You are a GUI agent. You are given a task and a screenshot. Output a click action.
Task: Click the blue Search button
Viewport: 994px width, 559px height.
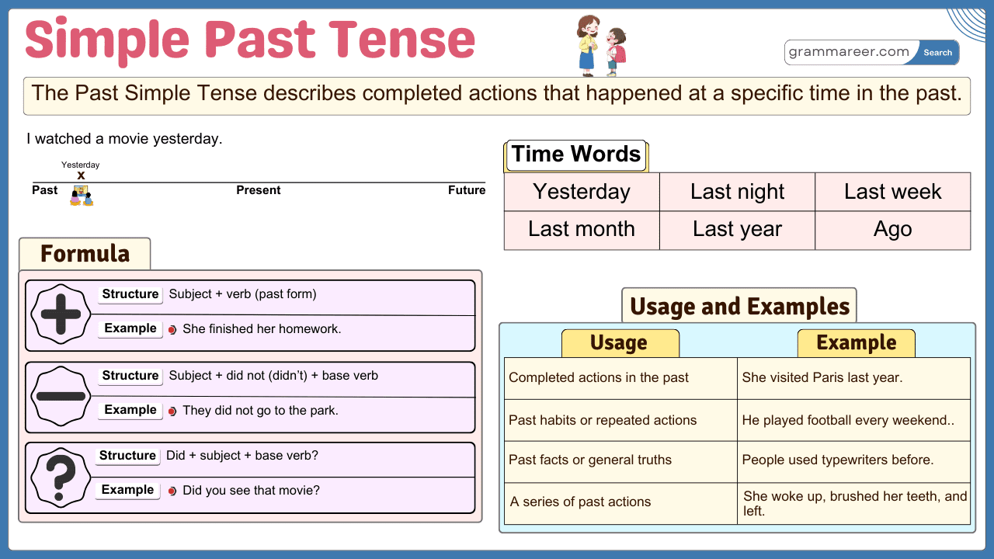tap(937, 53)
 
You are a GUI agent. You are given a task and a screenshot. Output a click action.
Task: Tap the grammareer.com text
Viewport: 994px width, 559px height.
tap(849, 52)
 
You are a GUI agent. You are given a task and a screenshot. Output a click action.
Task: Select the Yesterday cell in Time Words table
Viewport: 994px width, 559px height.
tap(582, 192)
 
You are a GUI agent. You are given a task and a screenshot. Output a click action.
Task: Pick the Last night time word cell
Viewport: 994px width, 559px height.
tap(737, 192)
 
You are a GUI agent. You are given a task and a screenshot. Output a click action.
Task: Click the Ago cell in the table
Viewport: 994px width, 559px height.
tap(892, 230)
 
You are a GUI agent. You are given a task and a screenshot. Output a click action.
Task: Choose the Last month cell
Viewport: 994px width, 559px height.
tap(582, 230)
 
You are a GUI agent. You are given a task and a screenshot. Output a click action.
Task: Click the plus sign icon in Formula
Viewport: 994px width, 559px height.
tap(61, 315)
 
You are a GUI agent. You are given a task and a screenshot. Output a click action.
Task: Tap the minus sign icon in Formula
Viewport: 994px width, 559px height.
tap(61, 396)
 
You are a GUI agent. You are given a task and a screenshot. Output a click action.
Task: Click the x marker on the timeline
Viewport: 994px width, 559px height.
tap(81, 176)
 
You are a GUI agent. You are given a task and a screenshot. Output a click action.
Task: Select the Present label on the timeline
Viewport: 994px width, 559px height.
tap(259, 190)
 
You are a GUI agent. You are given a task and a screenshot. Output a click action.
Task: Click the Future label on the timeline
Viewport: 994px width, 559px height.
tap(467, 190)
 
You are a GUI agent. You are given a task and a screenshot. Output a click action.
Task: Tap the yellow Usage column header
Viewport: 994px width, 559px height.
tap(620, 343)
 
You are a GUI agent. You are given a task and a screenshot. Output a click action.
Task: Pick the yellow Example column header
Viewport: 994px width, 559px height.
tap(856, 343)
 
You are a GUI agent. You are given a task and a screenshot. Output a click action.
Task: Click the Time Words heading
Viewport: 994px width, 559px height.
tap(576, 155)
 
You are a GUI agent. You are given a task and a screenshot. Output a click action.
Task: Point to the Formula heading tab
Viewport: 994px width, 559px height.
tap(85, 254)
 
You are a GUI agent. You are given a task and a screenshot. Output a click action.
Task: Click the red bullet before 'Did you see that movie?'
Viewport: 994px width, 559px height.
tap(172, 491)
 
